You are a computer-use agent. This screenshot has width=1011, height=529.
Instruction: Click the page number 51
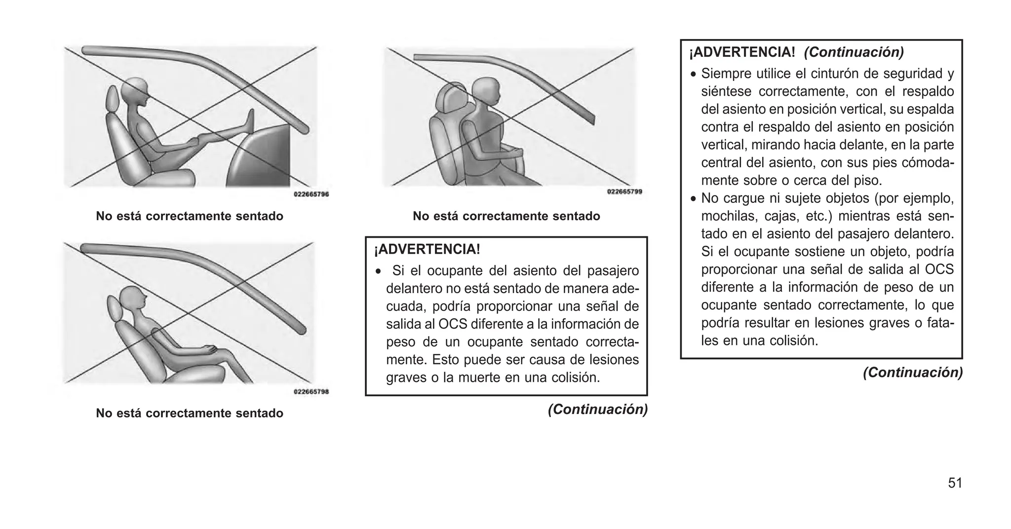coord(955,483)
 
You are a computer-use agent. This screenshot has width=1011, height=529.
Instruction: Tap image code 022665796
coord(311,194)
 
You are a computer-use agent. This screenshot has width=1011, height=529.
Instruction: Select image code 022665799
coord(624,192)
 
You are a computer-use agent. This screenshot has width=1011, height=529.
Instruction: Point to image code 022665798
coord(311,392)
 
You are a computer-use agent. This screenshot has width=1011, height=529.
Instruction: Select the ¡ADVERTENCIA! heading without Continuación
coord(427,249)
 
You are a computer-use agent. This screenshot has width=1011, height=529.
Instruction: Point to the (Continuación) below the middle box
coord(597,409)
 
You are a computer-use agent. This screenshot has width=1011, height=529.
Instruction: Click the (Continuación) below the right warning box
coord(912,373)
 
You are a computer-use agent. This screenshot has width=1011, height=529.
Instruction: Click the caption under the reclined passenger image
coord(190,413)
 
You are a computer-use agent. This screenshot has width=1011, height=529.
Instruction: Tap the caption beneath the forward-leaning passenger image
coord(506,216)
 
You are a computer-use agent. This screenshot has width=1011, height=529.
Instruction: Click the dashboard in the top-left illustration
coord(264,158)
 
